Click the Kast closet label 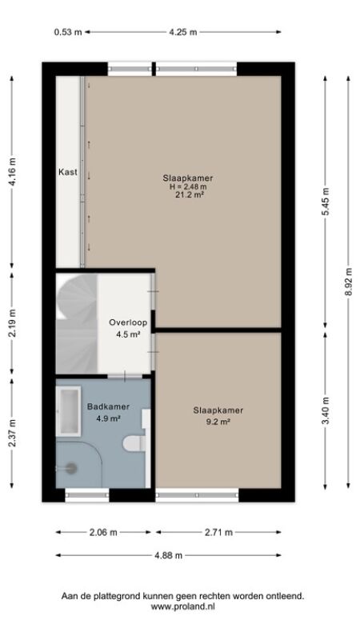pos(68,172)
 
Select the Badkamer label pos(109,406)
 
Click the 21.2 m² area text pos(188,194)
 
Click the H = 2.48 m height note pos(188,186)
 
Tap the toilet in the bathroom pos(134,443)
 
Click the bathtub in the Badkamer pos(69,411)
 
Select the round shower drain pos(71,468)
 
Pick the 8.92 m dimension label pos(348,282)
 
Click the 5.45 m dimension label pos(326,202)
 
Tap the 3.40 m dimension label pos(326,410)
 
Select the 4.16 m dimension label pos(12,171)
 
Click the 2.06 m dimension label pos(103,532)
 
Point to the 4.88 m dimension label pos(168,555)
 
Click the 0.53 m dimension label pos(68,32)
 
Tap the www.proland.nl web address pos(183,606)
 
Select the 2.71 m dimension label pos(218,532)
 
